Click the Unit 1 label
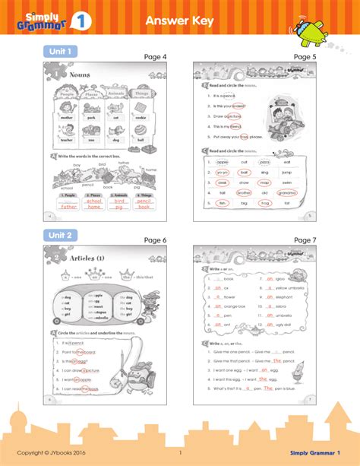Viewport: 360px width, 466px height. [60, 51]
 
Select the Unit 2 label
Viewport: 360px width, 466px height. [60, 235]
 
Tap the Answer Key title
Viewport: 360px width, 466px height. [180, 21]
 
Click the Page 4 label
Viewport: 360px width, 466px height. [155, 57]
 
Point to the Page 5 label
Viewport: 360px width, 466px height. [305, 57]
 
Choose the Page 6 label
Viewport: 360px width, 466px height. [155, 240]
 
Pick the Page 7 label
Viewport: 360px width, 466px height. [305, 240]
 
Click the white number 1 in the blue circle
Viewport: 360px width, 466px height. [77, 23]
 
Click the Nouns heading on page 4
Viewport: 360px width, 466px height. [79, 75]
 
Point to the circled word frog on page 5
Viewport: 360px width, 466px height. [265, 204]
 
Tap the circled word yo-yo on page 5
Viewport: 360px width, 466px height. [223, 173]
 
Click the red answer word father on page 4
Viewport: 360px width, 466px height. [69, 206]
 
